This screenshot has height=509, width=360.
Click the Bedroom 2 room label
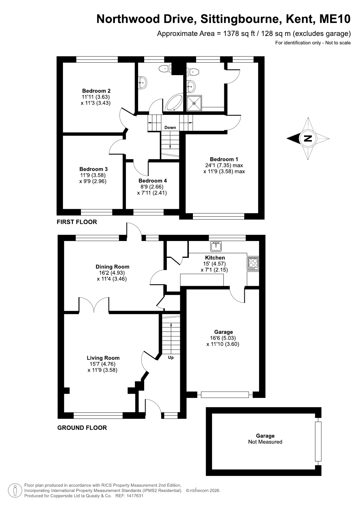pos(96,91)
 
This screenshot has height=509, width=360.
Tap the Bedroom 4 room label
pos(152,181)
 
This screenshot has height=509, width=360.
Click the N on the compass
pos(308,138)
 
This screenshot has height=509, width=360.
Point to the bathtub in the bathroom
pos(174,103)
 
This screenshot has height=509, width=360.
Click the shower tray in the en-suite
pos(194,103)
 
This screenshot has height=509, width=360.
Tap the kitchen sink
pos(216,246)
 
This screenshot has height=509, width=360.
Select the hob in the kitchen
pos(253,264)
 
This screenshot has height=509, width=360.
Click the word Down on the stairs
pos(170,127)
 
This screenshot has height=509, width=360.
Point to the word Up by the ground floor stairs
pos(171,357)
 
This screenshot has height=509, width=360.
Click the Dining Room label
pos(112,267)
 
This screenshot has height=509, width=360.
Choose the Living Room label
pos(103,358)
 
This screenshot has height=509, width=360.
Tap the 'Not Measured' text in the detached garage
pos(265,442)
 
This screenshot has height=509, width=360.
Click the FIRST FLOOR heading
pos(77,222)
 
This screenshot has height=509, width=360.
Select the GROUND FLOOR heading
pos(82,428)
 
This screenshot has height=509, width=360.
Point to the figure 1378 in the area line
pos(231,34)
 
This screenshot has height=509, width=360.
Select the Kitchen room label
pos(215,258)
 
